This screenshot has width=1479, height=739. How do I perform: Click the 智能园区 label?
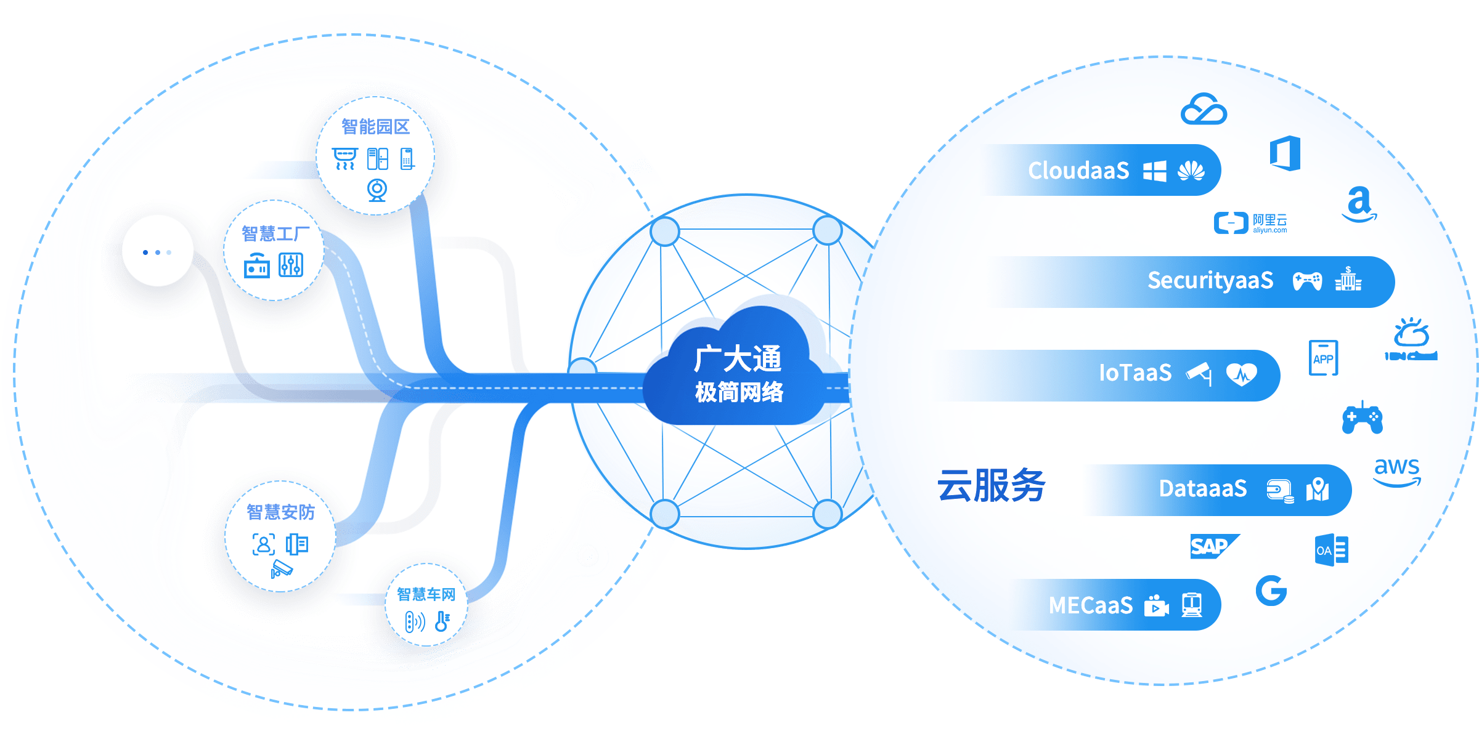pos(375,127)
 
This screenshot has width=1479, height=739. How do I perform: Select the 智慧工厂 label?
pos(275,234)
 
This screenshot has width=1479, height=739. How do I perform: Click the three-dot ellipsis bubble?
pos(157,252)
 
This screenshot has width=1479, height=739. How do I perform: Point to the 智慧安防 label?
pos(280,512)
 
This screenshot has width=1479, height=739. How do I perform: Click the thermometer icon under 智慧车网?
pos(442,621)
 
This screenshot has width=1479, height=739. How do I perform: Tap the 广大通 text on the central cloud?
pos(737,358)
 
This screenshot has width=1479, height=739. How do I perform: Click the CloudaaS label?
pos(1078,171)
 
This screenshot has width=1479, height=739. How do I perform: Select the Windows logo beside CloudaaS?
pos(1154,171)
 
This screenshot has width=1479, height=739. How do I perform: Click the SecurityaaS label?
pos(1210,281)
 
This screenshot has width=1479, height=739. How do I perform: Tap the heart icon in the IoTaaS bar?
pos(1241,374)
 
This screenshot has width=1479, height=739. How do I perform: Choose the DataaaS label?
pos(1202,489)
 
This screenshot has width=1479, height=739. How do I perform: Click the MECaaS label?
pos(1091,605)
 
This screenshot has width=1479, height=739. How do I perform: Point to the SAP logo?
pos(1212,546)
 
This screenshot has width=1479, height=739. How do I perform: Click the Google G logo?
pos(1271,591)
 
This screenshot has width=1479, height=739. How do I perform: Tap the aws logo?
pos(1397,471)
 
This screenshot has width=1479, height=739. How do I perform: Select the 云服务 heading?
pos(991,486)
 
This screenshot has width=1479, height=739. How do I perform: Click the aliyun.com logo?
pos(1250,223)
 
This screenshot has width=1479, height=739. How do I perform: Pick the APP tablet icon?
pos(1323,358)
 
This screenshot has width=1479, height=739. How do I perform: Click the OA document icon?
pos(1331,550)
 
